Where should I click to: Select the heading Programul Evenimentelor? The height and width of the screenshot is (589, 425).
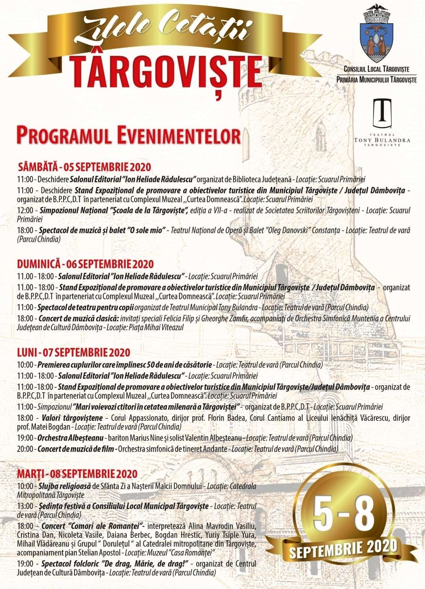pyautogui.click(x=128, y=136)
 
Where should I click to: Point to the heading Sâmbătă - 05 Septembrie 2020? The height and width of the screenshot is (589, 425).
pyautogui.click(x=85, y=167)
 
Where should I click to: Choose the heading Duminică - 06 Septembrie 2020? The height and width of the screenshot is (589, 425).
pyautogui.click(x=85, y=264)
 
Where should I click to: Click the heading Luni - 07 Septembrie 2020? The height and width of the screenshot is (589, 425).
pyautogui.click(x=74, y=352)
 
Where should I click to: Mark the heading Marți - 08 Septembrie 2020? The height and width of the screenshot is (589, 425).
pyautogui.click(x=77, y=473)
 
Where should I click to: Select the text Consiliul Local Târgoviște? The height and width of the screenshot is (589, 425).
pyautogui.click(x=376, y=69)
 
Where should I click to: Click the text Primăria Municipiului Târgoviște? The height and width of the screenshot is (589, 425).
pyautogui.click(x=376, y=80)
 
